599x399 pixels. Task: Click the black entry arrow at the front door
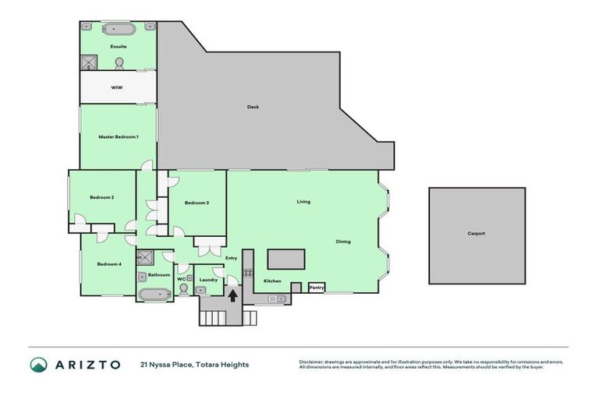point(232,295)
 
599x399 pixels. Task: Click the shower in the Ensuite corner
point(90,62)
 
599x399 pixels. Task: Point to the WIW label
point(117,88)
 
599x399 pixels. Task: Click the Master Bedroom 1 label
point(118,136)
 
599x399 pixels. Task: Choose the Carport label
point(476,233)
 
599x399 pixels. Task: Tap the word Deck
point(252,107)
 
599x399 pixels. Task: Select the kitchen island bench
point(285,259)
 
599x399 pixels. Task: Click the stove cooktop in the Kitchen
point(249,273)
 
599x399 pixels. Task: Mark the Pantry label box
point(316,288)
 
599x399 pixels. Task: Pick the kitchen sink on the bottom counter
point(273,298)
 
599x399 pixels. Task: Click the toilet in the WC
point(183,288)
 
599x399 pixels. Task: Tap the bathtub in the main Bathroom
point(153,295)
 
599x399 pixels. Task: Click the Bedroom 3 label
point(197,203)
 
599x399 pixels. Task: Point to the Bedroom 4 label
point(109,264)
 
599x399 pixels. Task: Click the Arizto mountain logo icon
point(39,365)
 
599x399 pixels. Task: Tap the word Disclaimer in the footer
point(312,362)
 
